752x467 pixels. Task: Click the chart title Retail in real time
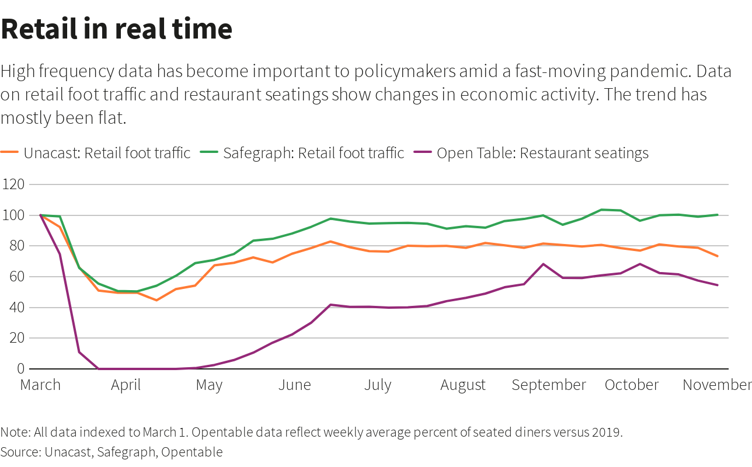coord(117,29)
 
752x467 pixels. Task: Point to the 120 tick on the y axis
coord(13,184)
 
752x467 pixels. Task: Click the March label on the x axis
coord(40,385)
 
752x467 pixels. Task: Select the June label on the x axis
coord(295,385)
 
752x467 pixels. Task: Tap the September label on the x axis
coord(549,385)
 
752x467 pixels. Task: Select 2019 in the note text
coord(607,433)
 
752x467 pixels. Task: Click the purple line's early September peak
coord(544,264)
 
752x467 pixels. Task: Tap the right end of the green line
coord(718,215)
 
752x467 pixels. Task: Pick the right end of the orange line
coord(718,256)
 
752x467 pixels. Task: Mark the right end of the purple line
coord(718,285)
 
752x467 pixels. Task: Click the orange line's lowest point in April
coord(156,300)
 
